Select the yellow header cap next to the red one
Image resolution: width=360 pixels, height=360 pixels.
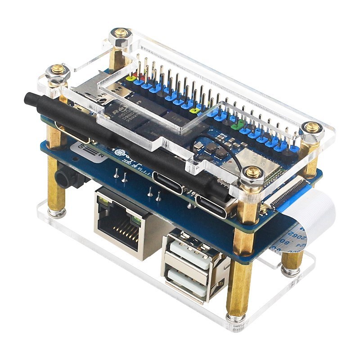(131, 78)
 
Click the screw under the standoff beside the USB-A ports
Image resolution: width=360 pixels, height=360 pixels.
(234, 318)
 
